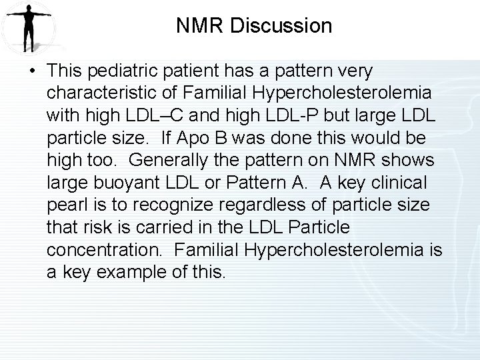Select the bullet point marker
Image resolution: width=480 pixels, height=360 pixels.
(x=33, y=71)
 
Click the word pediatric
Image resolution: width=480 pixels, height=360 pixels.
(x=131, y=71)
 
